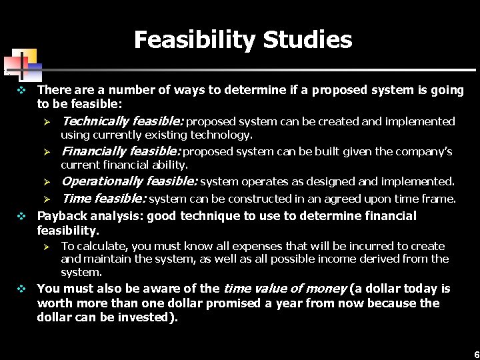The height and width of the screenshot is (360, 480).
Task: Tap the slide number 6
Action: pos(476,354)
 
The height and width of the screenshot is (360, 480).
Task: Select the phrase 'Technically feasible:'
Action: pos(122,121)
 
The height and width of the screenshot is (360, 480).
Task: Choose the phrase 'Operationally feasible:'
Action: pos(129,181)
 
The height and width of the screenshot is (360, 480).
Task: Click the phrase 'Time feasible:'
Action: pos(103,199)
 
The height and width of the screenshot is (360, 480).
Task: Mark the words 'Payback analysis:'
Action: pos(90,216)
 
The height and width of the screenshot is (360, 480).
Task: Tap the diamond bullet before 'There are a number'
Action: pos(21,89)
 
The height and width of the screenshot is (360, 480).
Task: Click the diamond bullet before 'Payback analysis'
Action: pos(21,216)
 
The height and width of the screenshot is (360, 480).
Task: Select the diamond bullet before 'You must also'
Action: pos(21,289)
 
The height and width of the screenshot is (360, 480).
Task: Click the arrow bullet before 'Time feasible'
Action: pos(47,199)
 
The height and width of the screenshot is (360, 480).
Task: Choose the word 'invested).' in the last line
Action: pos(149,317)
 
